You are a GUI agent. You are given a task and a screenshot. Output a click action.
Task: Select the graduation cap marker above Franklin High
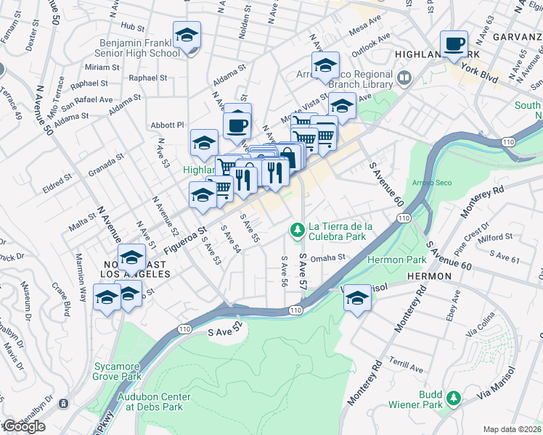[x=187, y=35]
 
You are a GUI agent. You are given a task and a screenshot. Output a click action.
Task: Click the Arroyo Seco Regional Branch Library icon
[x=404, y=76]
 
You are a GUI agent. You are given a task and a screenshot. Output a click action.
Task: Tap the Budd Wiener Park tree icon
[x=454, y=397]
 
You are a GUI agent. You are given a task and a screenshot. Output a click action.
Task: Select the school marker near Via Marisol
[x=357, y=297]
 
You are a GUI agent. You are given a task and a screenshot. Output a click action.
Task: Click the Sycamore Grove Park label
[x=118, y=371]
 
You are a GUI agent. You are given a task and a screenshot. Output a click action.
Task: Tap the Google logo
[x=23, y=426]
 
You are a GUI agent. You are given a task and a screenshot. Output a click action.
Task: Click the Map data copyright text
[x=512, y=429]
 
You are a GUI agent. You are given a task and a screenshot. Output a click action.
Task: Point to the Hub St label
[x=133, y=26]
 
